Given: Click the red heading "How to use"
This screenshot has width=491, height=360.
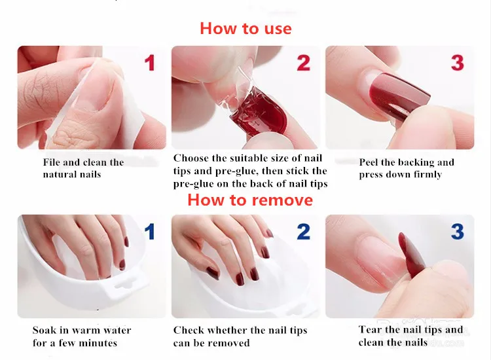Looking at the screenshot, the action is [245, 29].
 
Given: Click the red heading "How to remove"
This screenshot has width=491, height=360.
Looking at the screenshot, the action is [250, 200].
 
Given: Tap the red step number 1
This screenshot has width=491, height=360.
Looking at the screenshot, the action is [150, 63].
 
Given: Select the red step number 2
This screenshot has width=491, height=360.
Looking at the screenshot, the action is [303, 63].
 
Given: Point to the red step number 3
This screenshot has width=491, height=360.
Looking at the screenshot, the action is [458, 63].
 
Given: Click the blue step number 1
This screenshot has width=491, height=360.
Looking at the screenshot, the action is [150, 232].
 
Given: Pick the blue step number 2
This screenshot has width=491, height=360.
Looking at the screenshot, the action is [303, 232].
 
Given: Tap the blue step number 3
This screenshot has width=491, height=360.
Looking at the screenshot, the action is [458, 232].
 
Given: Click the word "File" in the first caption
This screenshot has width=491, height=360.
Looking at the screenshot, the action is [52, 162].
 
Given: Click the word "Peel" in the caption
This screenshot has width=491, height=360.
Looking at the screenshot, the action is [369, 162].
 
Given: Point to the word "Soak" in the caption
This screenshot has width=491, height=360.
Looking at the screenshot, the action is [44, 330].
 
